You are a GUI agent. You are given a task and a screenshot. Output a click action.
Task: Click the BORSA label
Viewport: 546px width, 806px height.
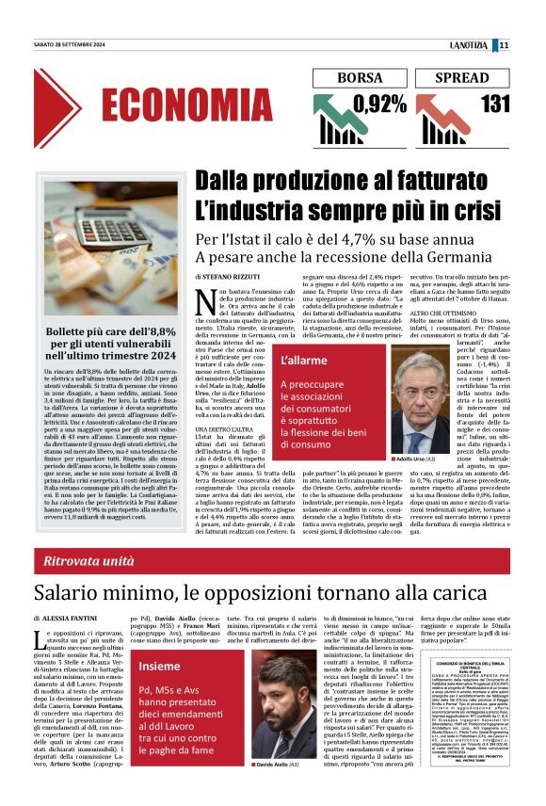pyautogui.click(x=360, y=78)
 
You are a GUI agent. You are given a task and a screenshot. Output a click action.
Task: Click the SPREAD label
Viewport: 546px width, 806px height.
pyautogui.click(x=462, y=78)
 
